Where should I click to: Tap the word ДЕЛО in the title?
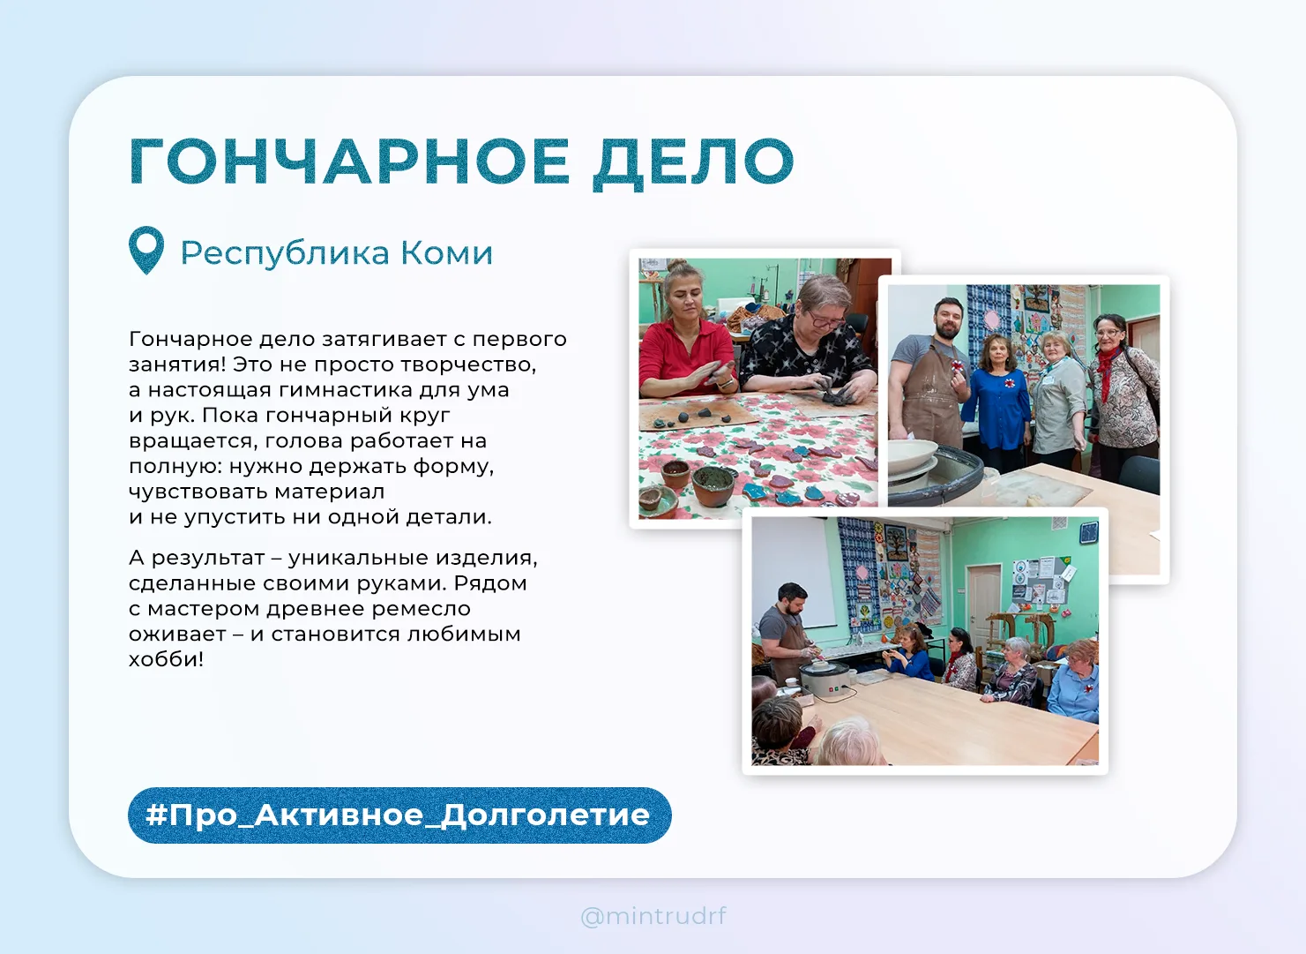693,164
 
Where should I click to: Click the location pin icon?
146,250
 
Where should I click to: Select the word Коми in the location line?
446,253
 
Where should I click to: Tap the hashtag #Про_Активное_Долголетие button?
399,815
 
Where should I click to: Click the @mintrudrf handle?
653,915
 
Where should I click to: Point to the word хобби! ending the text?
166,659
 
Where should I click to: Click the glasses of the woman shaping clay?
825,320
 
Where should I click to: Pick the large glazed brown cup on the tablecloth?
713,485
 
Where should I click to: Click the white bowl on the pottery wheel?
912,455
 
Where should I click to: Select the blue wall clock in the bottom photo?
1088,532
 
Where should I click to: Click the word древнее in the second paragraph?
316,609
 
